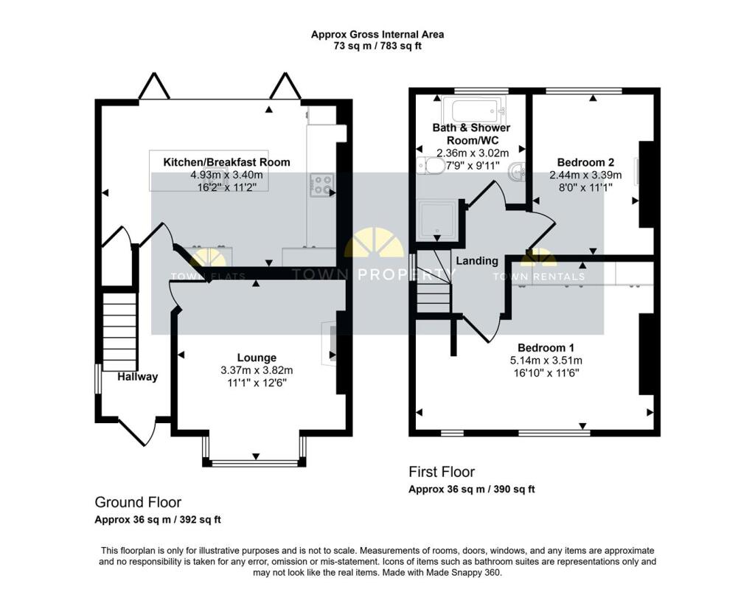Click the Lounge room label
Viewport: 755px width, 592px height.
coord(257,358)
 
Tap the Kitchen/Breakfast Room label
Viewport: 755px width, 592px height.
coord(227,162)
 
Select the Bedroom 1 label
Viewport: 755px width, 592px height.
coord(546,347)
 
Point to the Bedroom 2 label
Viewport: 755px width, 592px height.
coord(585,162)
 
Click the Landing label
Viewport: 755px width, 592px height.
coord(477,261)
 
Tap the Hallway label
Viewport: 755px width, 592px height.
coord(138,377)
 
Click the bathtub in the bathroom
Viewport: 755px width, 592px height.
coord(474,109)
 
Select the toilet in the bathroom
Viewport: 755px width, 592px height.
coord(431,166)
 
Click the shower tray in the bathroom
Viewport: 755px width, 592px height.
coord(437,220)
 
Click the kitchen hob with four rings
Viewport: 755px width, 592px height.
coord(321,185)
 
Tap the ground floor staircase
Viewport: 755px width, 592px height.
coord(120,332)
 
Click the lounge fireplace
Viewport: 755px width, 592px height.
coord(330,343)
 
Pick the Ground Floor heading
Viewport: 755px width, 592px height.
coord(138,502)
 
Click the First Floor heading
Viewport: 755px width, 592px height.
coord(442,472)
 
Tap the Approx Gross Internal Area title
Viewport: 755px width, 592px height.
coord(377,34)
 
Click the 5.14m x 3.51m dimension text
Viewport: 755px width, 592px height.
coord(546,360)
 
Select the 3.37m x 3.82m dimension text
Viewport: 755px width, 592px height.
coord(257,370)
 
